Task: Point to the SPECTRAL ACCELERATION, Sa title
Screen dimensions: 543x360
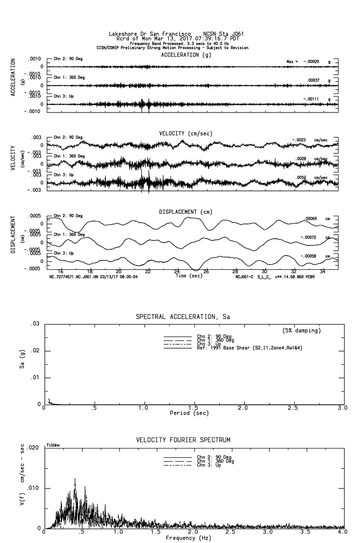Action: (x=183, y=317)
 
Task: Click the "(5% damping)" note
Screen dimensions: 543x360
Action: (x=302, y=331)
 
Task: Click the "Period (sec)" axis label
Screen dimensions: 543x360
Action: (x=189, y=412)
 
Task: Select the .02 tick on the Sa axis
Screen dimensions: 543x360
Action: (x=35, y=351)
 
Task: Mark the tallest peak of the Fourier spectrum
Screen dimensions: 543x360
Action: (x=75, y=479)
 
